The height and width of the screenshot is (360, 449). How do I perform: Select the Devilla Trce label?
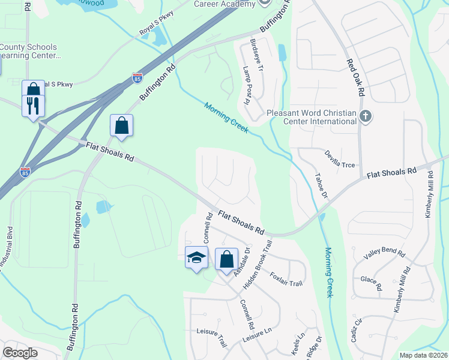pos(341,158)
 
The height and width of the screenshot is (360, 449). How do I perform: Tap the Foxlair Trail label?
pos(286,280)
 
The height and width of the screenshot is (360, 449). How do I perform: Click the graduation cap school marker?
pos(196,257)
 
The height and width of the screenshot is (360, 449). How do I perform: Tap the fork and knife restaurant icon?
pos(33,106)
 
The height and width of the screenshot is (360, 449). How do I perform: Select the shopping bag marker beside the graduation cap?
pos(226,259)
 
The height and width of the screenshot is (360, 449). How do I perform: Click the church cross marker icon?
pos(366,116)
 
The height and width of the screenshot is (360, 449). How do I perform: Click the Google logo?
pos(20,353)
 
